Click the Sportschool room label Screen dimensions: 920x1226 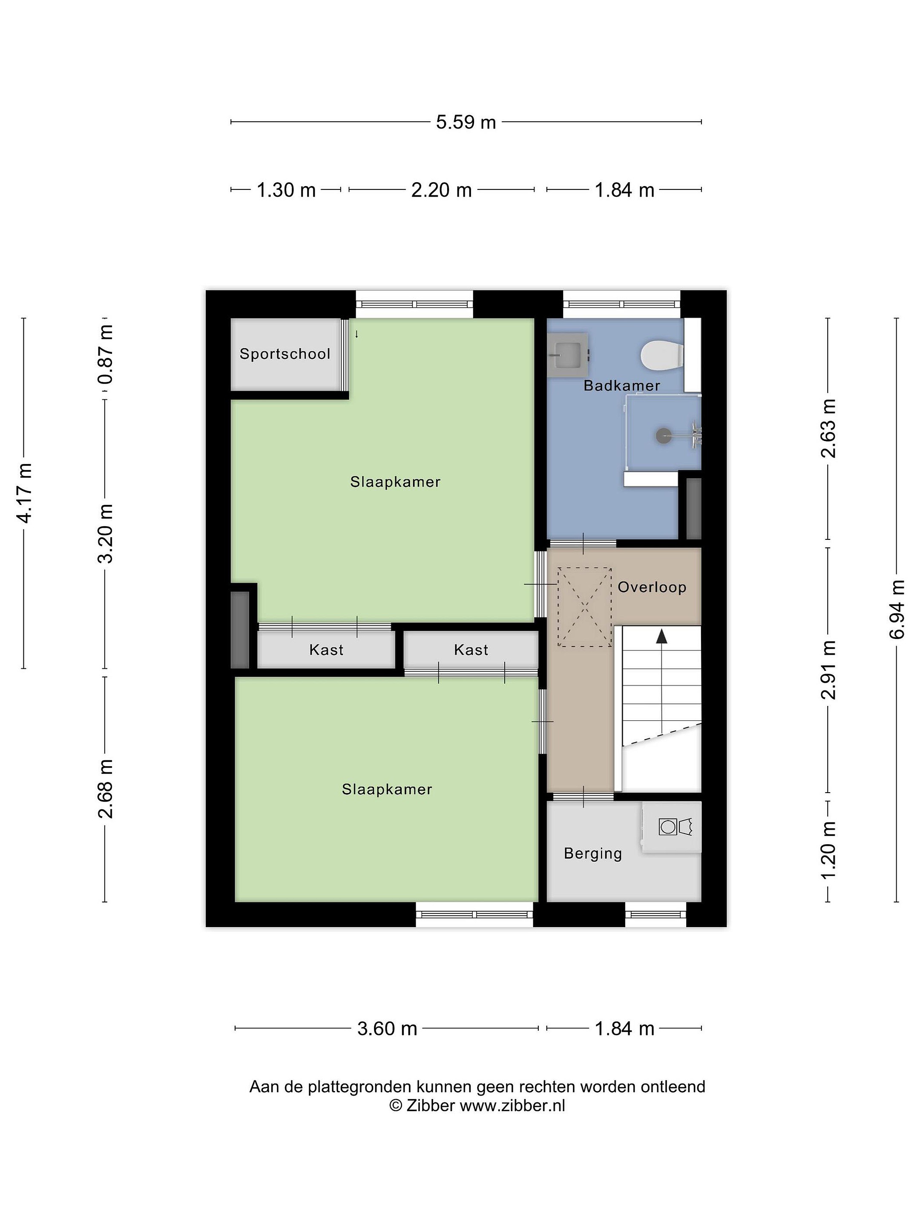pos(285,354)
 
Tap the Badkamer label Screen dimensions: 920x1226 pos(622,385)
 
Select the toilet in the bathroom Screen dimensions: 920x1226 pos(661,355)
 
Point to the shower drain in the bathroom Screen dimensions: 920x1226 pos(663,435)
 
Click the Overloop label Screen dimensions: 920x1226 pos(652,587)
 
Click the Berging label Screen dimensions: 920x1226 pos(593,854)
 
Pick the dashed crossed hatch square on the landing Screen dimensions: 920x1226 pos(584,607)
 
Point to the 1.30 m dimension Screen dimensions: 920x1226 pos(286,190)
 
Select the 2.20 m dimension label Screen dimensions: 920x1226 pos(441,190)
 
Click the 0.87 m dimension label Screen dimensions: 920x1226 pos(105,355)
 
